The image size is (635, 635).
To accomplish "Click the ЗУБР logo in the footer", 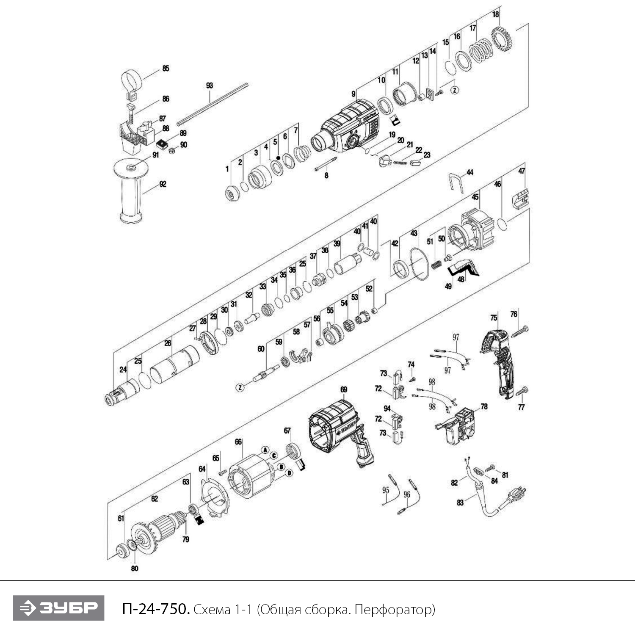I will pyautogui.click(x=58, y=608).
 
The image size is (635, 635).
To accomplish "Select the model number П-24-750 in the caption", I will pyautogui.click(x=155, y=609).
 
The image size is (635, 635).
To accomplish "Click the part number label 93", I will pyautogui.click(x=210, y=86).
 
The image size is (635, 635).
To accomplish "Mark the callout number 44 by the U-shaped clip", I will pyautogui.click(x=470, y=172).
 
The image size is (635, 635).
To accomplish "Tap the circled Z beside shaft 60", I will pyautogui.click(x=240, y=387).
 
